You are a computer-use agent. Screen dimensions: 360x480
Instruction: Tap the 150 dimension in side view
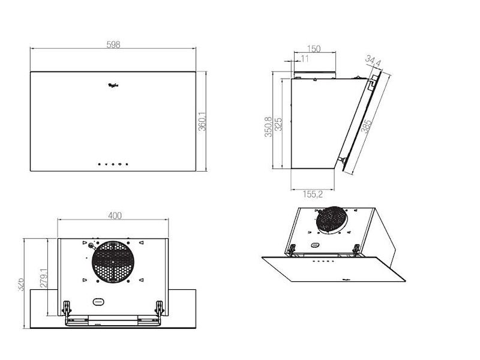pos(313,49)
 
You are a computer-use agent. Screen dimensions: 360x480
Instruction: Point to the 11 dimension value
pos(305,59)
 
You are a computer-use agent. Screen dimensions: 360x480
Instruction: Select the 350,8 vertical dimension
pos(269,127)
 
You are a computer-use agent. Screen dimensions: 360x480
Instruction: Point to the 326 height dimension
pos(20,283)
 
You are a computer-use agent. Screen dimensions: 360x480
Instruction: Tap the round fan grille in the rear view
pos(112,262)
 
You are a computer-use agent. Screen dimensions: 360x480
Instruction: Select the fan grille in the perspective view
pos(332,221)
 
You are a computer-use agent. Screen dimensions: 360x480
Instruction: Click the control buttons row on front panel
pos(113,163)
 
